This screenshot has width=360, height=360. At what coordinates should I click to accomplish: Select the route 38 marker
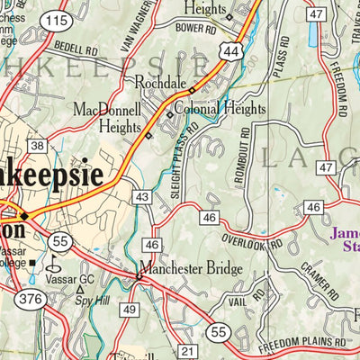[37, 146]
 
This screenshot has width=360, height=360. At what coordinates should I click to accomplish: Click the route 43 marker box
[141, 196]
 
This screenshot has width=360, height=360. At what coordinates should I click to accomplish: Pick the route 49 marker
[130, 310]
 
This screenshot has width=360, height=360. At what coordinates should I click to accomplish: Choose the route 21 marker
[187, 350]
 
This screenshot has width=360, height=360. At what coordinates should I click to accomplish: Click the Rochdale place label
[160, 83]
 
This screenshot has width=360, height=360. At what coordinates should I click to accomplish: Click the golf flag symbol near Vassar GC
[52, 264]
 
